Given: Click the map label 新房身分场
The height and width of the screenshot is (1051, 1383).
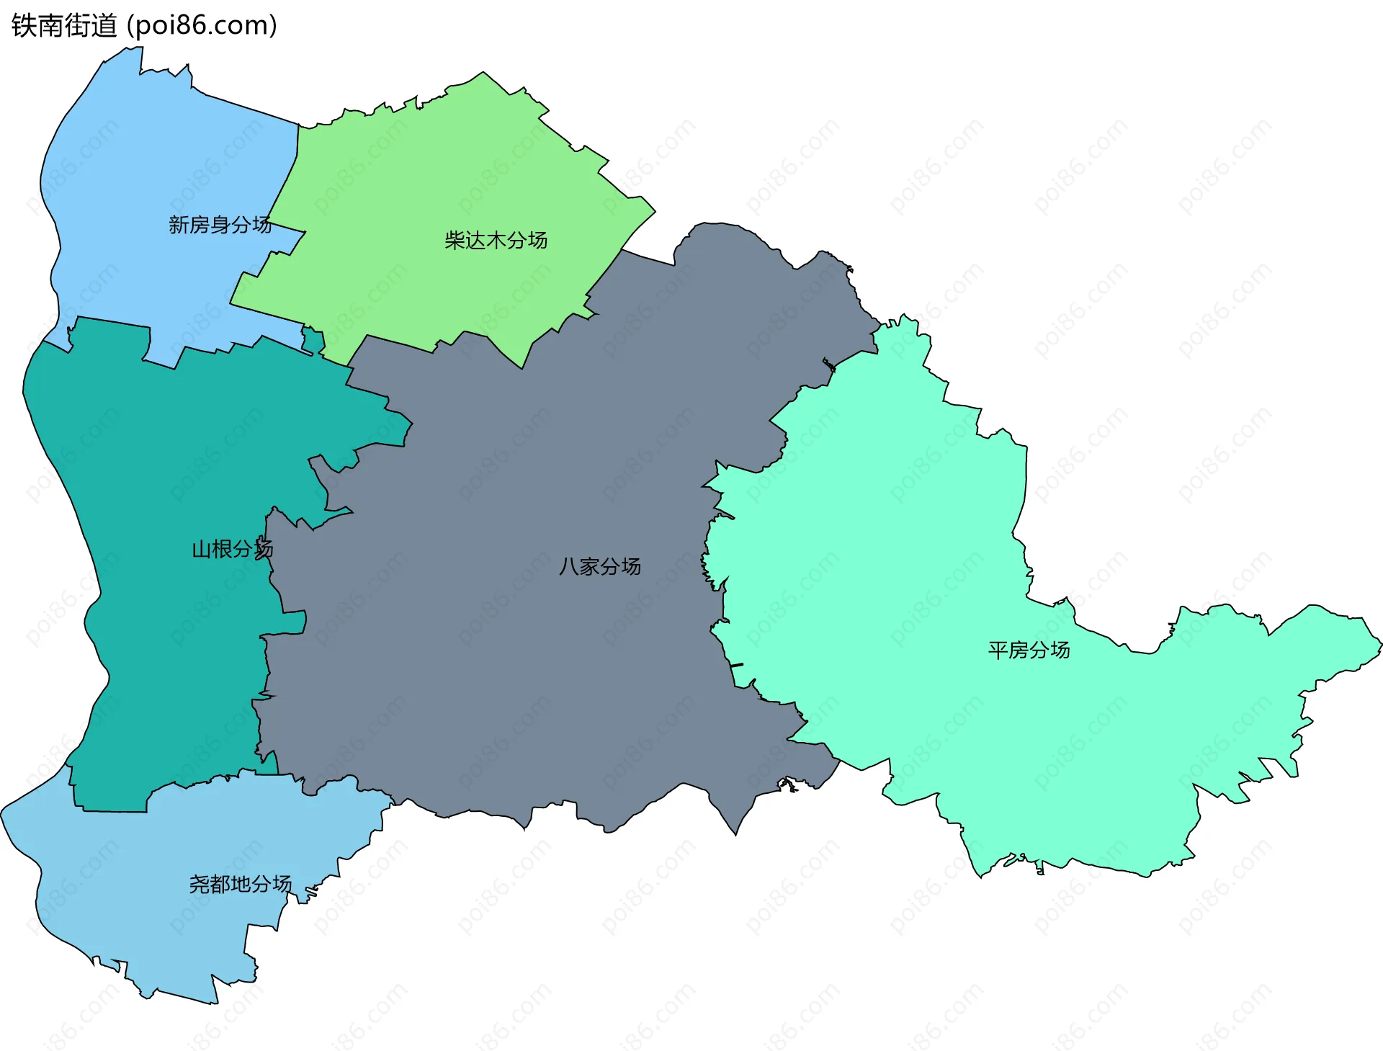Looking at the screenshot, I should pos(220,225).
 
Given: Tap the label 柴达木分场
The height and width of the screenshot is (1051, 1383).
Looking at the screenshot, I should pos(496,240).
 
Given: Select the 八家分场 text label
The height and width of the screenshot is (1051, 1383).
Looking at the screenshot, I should pos(599,566).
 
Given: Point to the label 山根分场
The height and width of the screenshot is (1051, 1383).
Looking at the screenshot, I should pos(232,550).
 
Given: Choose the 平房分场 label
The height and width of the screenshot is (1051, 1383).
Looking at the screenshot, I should pos(1029,650).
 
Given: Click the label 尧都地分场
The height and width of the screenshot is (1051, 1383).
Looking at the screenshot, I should pos(240,884).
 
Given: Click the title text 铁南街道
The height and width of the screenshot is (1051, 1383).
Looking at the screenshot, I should pos(64,26).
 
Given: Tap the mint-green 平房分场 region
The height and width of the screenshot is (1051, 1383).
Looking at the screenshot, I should pos(900,576).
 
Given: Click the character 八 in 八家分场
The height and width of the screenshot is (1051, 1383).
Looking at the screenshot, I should pos(568,566).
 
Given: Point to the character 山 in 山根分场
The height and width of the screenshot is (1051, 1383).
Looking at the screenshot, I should pos(201,550).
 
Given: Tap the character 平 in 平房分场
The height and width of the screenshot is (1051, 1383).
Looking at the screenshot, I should pos(998,650).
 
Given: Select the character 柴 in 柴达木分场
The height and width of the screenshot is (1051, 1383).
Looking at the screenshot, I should pos(455,240).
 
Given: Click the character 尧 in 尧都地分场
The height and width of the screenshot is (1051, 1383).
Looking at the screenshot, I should pos(199,884).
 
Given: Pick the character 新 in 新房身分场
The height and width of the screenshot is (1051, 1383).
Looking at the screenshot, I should pos(179,225).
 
